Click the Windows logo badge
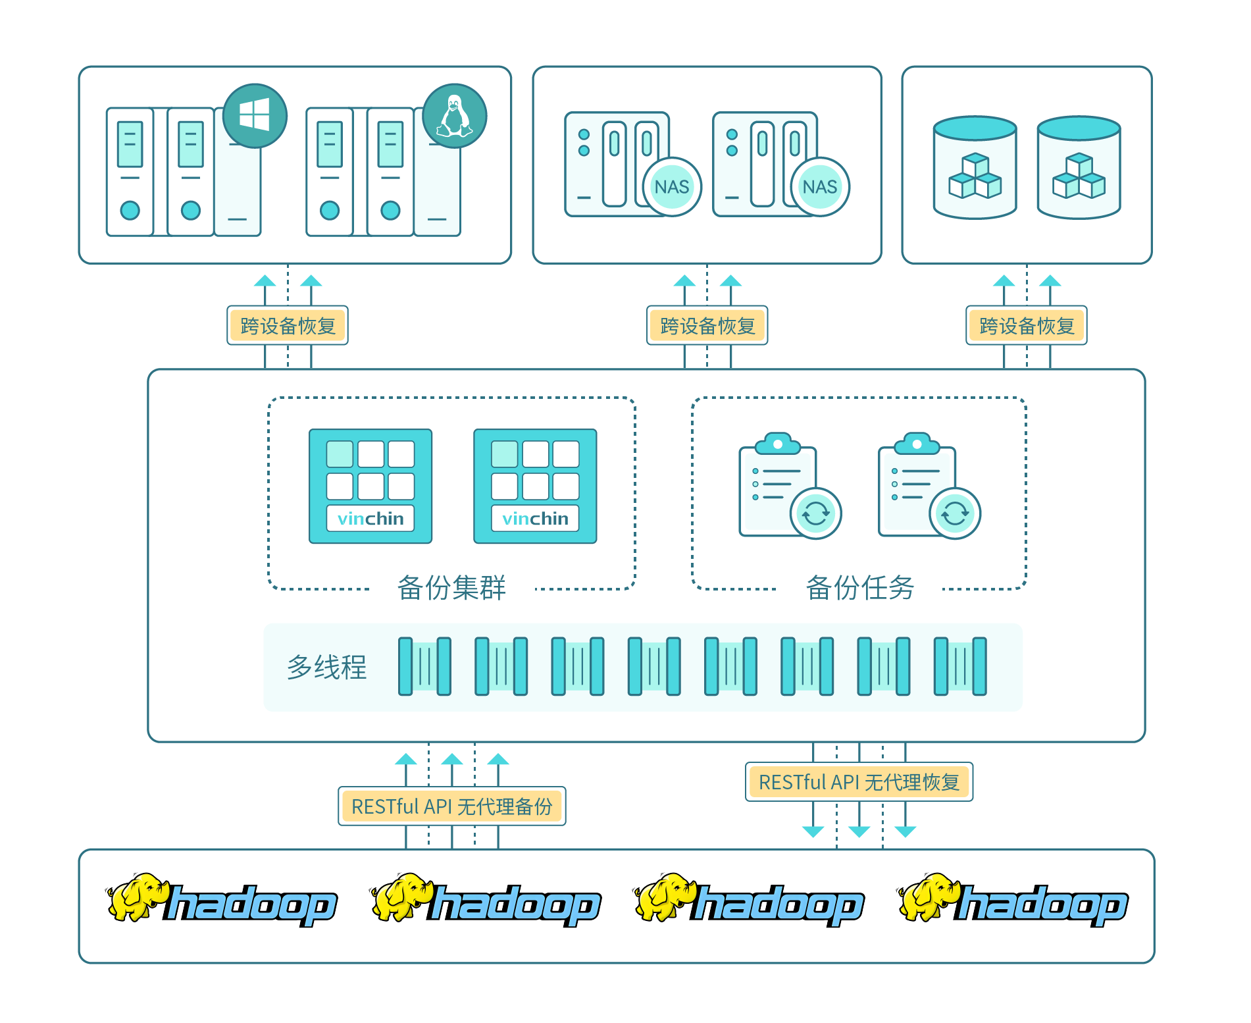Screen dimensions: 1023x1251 pos(255,115)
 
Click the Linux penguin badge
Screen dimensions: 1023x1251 pos(454,115)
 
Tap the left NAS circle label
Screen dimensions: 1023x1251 pos(671,187)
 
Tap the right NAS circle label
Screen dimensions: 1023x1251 pos(819,187)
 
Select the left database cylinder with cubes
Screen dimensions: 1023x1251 pos(975,167)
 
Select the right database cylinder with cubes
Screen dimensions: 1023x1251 pos(1079,167)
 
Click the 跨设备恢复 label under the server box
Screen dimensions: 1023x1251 pos(288,325)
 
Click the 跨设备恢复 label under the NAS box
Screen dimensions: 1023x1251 pos(707,325)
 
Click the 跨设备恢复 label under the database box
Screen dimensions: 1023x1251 pos(1027,325)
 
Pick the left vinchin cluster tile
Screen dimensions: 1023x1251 pos(370,486)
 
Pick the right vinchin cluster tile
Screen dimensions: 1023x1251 pos(535,486)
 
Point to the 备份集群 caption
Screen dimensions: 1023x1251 pos(451,587)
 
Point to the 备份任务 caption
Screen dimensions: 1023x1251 pos(859,587)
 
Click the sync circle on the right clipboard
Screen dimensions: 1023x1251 pos(955,513)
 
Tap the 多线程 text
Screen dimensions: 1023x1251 pos(326,667)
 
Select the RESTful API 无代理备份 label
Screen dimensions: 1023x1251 pos(452,806)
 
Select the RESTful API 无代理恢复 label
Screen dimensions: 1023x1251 pos(859,782)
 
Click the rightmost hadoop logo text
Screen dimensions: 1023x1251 pos(1042,905)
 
